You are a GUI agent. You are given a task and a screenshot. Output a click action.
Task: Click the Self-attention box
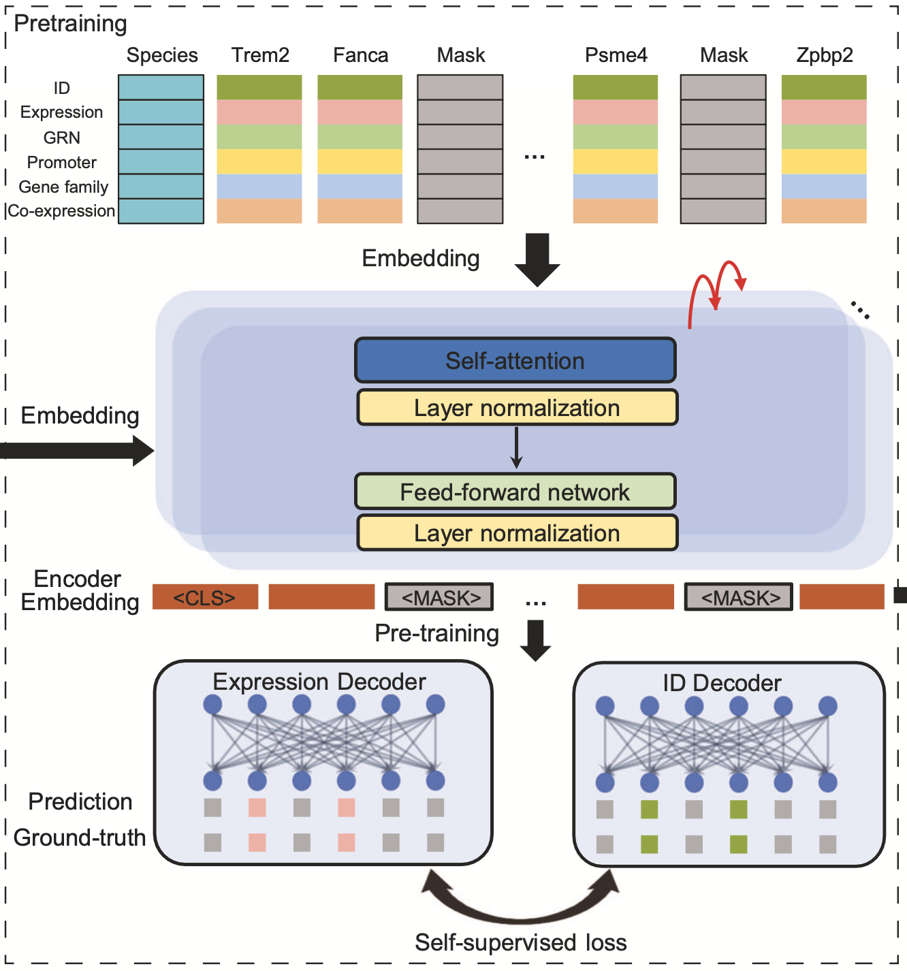pyautogui.click(x=515, y=360)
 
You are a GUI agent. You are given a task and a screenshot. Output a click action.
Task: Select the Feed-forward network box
pyautogui.click(x=515, y=492)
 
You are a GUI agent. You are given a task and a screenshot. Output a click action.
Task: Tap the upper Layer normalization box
pyautogui.click(x=517, y=408)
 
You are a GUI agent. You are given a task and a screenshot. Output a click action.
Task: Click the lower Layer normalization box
pyautogui.click(x=517, y=533)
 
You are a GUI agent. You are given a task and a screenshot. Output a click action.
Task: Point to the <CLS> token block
pyautogui.click(x=205, y=597)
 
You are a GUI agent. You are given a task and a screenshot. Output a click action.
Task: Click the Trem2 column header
pyautogui.click(x=260, y=55)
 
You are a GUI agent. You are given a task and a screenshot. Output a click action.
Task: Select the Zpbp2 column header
pyautogui.click(x=824, y=55)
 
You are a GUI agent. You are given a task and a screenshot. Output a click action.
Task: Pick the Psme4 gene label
pyautogui.click(x=616, y=55)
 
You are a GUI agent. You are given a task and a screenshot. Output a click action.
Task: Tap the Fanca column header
pyautogui.click(x=360, y=55)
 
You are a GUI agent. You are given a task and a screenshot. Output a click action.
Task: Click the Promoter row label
pyautogui.click(x=62, y=163)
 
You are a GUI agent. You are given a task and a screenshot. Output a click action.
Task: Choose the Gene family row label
pyautogui.click(x=63, y=187)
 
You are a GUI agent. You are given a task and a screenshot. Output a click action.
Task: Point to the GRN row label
pyautogui.click(x=62, y=138)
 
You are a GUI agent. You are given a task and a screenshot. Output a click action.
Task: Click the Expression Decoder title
pyautogui.click(x=319, y=682)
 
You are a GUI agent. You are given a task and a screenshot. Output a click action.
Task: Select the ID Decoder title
pyautogui.click(x=722, y=683)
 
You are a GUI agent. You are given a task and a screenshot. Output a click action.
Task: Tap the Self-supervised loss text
pyautogui.click(x=520, y=942)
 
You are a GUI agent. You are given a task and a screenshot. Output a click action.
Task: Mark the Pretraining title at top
pyautogui.click(x=71, y=23)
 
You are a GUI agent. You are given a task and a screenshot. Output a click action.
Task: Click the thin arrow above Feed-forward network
pyautogui.click(x=517, y=448)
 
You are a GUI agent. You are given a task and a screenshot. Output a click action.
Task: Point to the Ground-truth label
pyautogui.click(x=80, y=838)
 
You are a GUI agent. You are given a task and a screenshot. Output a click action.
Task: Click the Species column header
pyautogui.click(x=162, y=55)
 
